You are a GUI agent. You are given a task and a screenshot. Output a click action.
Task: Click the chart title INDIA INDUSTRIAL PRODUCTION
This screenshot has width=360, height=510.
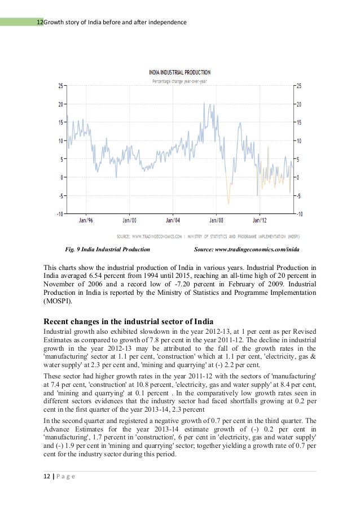(179, 72)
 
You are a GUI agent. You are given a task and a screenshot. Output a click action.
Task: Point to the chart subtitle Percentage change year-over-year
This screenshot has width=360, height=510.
(179, 81)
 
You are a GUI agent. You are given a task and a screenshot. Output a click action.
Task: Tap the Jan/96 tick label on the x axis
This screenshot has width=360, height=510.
(86, 220)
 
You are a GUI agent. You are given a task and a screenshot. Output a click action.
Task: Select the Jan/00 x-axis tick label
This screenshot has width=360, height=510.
(130, 220)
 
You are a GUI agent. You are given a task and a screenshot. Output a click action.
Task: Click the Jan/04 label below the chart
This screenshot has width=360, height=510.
(173, 220)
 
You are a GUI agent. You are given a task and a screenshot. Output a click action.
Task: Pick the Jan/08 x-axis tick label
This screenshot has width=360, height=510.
(217, 220)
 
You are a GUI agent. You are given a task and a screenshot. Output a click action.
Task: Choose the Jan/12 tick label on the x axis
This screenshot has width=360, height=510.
(260, 220)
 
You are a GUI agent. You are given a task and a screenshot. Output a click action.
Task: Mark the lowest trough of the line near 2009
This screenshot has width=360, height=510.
(229, 203)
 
